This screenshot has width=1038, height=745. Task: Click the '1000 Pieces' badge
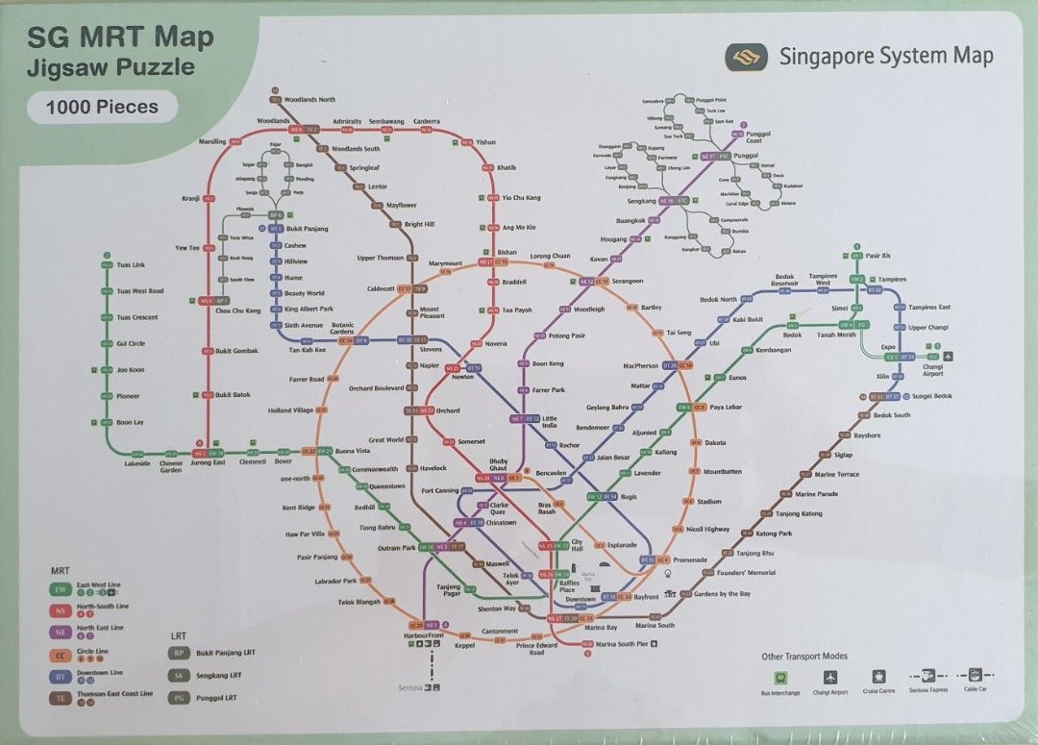pos(101,107)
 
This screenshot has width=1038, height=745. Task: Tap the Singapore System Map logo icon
pos(745,57)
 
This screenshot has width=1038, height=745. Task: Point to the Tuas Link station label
pos(131,264)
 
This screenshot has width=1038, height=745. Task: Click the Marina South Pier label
pos(621,644)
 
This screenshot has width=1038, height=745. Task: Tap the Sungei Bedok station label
pos(931,396)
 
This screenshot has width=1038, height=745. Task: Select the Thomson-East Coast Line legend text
pos(114,693)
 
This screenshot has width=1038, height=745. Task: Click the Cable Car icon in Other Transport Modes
pos(974,676)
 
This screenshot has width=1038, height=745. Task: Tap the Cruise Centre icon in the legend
pos(878,677)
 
